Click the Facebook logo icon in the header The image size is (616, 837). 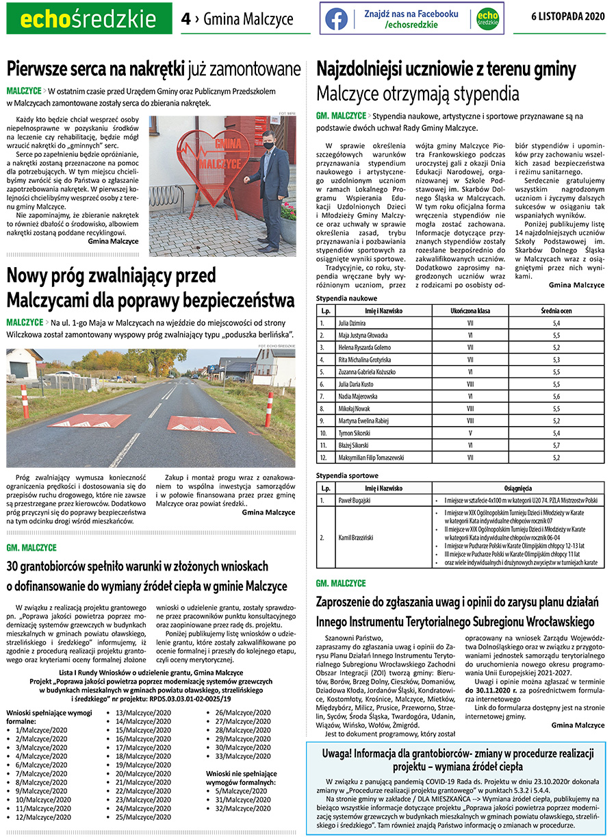click(336, 18)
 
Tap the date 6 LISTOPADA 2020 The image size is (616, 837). click(568, 17)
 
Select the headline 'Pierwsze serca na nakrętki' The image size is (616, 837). click(96, 68)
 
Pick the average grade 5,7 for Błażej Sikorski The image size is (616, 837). click(556, 445)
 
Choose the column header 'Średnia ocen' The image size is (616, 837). click(556, 310)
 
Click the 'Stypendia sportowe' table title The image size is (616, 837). click(347, 475)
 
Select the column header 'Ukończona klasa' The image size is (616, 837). click(470, 310)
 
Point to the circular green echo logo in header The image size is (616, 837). click(487, 18)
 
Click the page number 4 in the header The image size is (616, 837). click(185, 19)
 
